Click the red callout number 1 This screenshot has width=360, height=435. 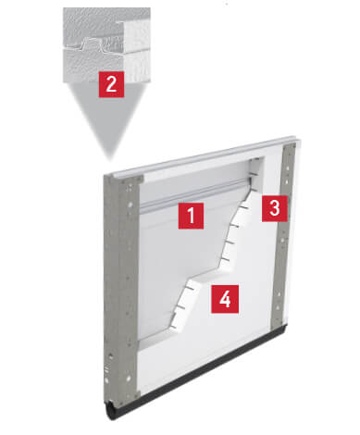click(x=192, y=217)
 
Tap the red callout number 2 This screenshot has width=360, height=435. click(x=110, y=84)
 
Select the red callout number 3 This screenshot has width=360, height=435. click(x=272, y=207)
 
